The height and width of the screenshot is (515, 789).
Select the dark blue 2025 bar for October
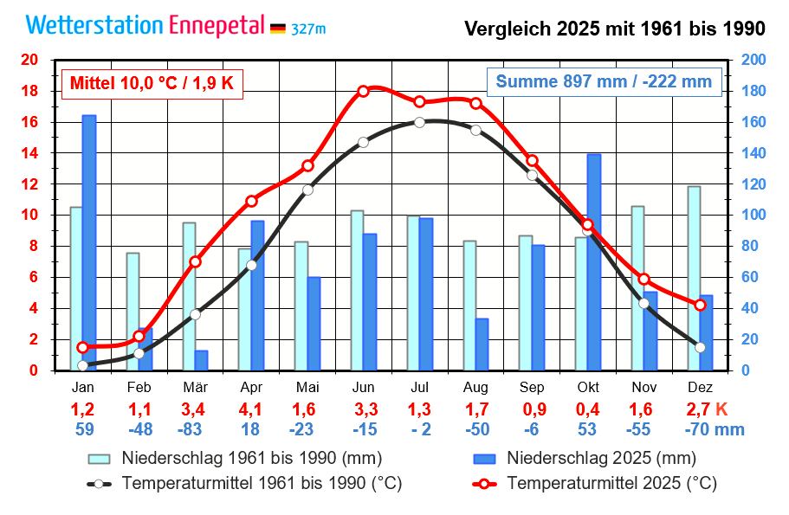click(x=594, y=260)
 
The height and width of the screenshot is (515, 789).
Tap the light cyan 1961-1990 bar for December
click(x=694, y=277)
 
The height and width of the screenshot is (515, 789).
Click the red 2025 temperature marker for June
click(x=363, y=91)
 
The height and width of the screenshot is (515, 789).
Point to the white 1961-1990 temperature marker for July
click(x=419, y=122)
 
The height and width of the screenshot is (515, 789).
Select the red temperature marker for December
click(x=701, y=305)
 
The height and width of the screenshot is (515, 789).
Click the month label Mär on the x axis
click(x=195, y=387)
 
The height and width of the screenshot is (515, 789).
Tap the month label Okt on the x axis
click(x=588, y=387)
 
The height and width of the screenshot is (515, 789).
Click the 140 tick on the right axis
click(x=753, y=153)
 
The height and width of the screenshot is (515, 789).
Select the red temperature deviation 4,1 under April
click(x=251, y=409)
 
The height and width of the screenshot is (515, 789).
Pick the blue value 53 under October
click(x=588, y=429)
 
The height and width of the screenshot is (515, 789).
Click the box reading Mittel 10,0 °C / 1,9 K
click(x=152, y=82)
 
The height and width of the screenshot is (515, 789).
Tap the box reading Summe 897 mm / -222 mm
click(x=604, y=82)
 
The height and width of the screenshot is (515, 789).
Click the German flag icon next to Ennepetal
click(x=277, y=29)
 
